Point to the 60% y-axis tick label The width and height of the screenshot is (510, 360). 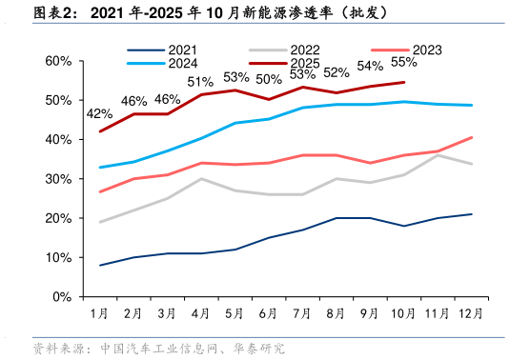click(58, 61)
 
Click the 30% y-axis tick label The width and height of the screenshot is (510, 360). click(58, 179)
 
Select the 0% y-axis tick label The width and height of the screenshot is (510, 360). click(62, 297)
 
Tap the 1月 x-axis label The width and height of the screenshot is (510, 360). click(99, 312)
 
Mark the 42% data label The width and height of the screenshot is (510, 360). click(99, 113)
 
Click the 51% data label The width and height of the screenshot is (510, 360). click(200, 82)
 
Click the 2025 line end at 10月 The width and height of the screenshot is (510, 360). click(404, 82)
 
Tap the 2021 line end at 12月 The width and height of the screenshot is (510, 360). click(472, 214)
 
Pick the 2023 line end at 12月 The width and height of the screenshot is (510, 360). click(472, 138)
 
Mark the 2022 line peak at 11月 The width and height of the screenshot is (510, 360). click(438, 155)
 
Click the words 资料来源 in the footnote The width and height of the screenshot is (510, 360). click(57, 349)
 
